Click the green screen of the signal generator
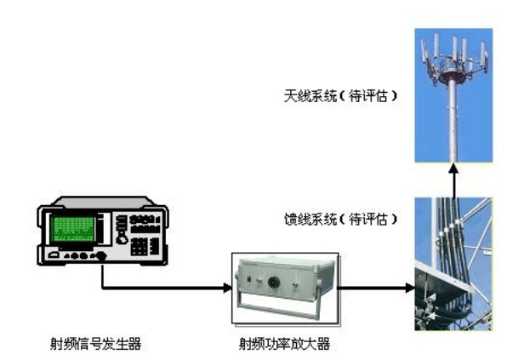(x=74, y=229)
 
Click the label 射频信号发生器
(x=96, y=344)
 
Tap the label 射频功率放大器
(x=284, y=344)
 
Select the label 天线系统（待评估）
(x=341, y=96)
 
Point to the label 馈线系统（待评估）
(x=341, y=220)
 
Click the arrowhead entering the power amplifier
(x=228, y=287)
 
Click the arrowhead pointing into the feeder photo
(x=410, y=287)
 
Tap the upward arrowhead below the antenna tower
(x=453, y=169)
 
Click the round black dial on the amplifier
(x=274, y=283)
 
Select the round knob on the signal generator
(x=122, y=240)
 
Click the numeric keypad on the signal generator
(x=139, y=247)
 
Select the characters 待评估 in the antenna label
(x=368, y=96)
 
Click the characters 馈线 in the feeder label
(x=297, y=220)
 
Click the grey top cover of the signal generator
(x=101, y=203)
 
